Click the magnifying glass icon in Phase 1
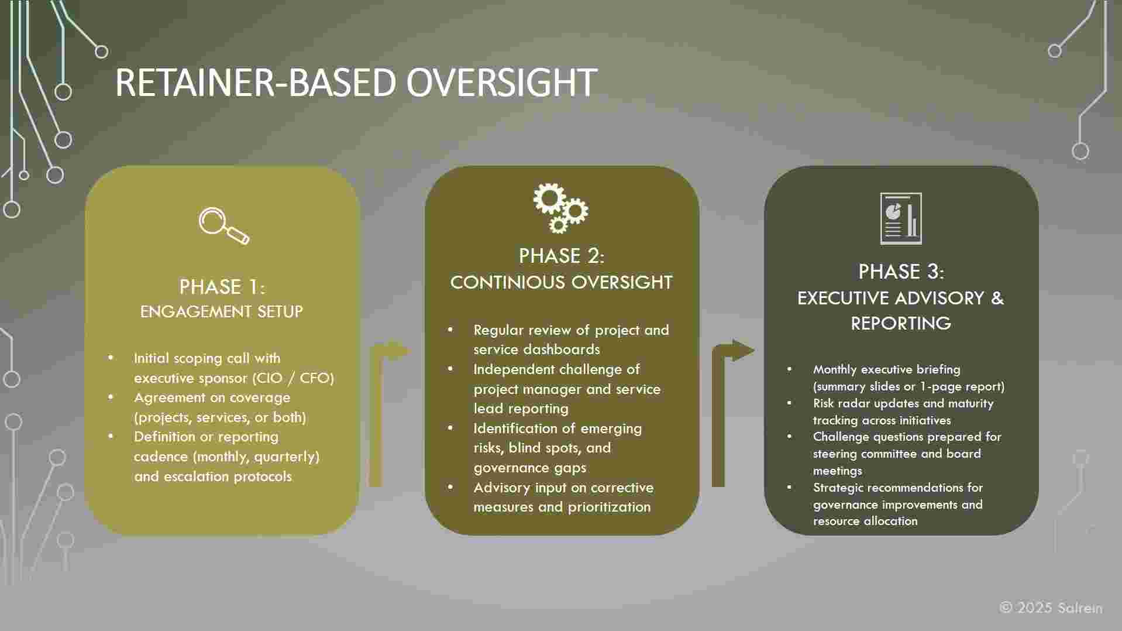223,225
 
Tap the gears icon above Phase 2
560,208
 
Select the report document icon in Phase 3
901,218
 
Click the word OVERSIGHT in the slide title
501,83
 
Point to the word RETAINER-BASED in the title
256,83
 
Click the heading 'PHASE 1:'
222,287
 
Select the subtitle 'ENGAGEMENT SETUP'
222,311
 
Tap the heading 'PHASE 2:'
562,256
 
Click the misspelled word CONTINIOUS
508,282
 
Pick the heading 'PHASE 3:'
901,272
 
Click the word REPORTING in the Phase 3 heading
901,323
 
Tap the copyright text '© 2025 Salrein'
1051,608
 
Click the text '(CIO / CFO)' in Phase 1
293,378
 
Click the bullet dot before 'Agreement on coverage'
111,397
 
